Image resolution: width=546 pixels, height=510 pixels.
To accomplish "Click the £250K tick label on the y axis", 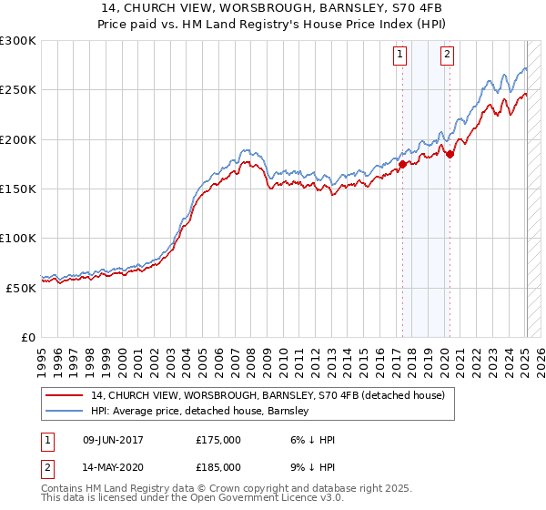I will coord(18,90).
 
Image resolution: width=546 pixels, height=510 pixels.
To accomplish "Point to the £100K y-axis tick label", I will coord(18,238).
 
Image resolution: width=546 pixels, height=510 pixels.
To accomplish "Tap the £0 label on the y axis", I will coord(28,337).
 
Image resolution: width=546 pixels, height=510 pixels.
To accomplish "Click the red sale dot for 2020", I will coord(450,154).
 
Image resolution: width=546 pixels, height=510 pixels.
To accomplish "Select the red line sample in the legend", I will coord(66,395).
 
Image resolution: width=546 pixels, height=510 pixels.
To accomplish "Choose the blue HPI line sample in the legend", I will coord(66,411).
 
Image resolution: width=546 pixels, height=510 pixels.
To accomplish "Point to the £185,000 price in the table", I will coord(218,466).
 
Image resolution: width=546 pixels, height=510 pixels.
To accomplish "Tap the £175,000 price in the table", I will coord(218,440).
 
